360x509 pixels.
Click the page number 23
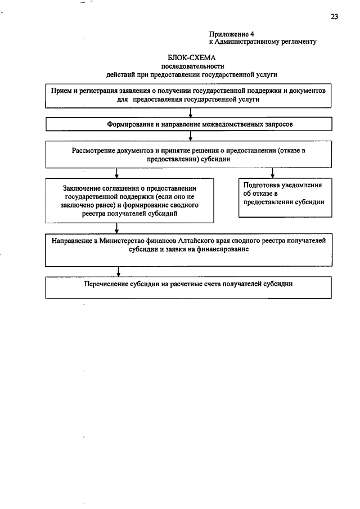334,17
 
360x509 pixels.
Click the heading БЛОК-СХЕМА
191,57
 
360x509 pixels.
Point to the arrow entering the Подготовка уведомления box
273,174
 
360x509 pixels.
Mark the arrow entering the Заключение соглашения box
117,174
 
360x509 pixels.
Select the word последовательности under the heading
191,66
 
